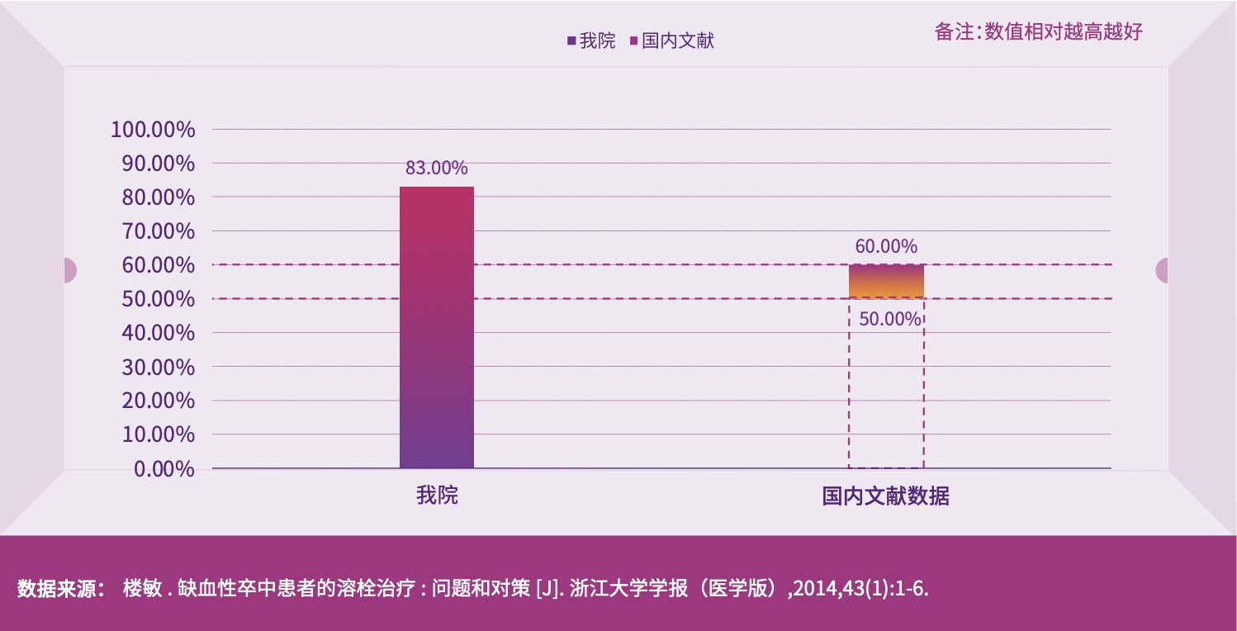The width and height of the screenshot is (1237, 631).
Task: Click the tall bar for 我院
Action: coord(437,327)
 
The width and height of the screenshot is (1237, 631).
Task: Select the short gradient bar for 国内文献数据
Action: coord(886,282)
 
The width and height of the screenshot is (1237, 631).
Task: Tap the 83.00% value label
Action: coord(436,168)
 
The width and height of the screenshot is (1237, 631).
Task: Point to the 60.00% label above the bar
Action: coord(886,246)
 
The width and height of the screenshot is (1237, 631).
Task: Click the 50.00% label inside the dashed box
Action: coord(889,319)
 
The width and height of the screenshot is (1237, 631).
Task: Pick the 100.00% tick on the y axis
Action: coord(153,130)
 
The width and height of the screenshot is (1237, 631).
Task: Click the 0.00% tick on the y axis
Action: coord(164,469)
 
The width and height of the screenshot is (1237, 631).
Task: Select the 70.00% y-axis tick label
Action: coord(158,231)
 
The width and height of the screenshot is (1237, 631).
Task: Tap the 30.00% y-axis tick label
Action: coord(158,367)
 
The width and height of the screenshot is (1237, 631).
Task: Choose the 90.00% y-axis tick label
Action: coord(158,164)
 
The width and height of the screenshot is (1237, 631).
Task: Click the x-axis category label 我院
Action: coord(437,496)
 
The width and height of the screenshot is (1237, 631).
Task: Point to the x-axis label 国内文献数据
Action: coord(885,496)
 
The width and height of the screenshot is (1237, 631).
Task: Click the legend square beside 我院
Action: coord(571,40)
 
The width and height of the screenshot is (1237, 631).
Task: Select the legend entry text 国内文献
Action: coord(677,40)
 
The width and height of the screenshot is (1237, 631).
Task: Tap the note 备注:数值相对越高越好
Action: coord(1038,32)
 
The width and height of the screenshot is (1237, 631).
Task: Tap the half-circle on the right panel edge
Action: coord(1162,270)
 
